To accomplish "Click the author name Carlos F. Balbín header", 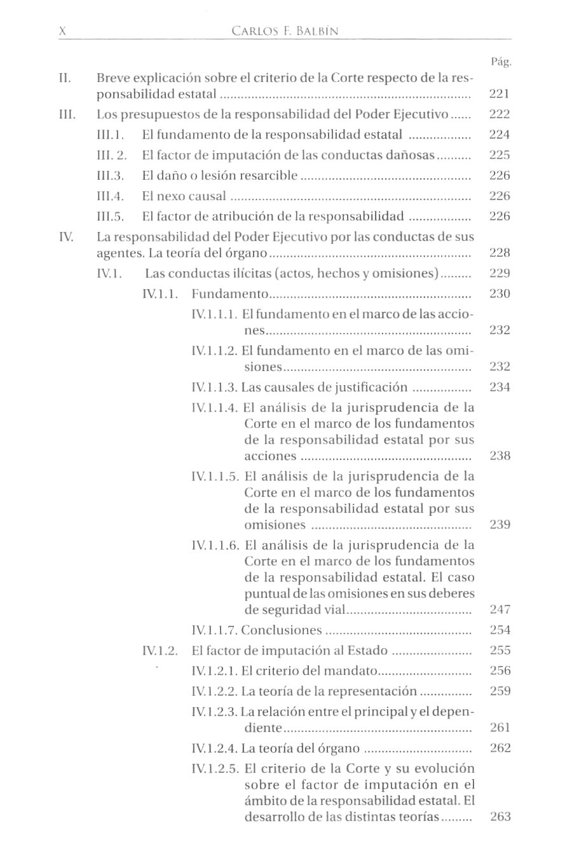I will coord(285,31).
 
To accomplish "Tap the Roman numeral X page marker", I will coord(62,31).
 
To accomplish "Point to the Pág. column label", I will coord(501,62).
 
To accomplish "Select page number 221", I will coord(500,94).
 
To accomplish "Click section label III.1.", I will coord(110,135).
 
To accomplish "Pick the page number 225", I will coord(500,155).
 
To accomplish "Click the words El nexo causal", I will coord(184,196).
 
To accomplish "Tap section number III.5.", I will coord(110,217).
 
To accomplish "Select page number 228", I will coord(500,253).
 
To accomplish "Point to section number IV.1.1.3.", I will coord(214,388).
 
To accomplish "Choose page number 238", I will coord(500,456).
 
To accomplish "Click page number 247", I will coord(500,610).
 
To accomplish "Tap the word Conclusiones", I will coord(282,630).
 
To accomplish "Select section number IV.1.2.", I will coord(160,651).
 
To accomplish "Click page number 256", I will coord(500,671).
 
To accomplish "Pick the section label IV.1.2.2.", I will coord(214,691).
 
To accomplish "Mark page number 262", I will coord(500,749).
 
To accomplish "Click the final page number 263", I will coord(500,817).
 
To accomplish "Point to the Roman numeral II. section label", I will coord(65,78).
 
